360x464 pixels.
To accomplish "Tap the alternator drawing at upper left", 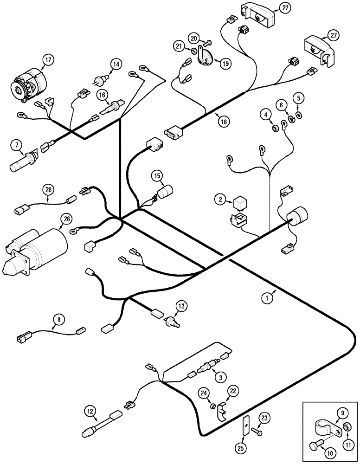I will tap(29, 85).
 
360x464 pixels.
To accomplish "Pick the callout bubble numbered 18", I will tap(224, 122).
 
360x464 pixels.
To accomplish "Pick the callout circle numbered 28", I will tap(49, 189).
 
